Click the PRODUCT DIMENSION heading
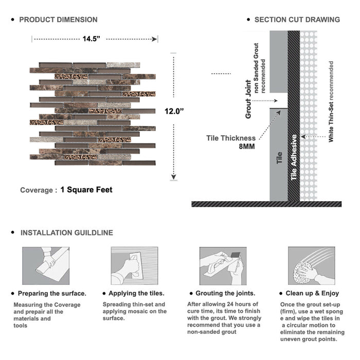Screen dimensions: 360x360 click(58, 20)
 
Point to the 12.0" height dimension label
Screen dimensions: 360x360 click(174, 111)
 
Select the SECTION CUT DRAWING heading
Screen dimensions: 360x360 click(297, 20)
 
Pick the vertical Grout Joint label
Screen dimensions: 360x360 click(248, 99)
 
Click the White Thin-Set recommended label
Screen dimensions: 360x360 click(331, 101)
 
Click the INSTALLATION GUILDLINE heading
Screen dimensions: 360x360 click(66, 232)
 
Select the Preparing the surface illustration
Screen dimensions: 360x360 click(46, 266)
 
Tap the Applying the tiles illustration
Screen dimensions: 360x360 click(134, 266)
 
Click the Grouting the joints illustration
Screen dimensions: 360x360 click(223, 266)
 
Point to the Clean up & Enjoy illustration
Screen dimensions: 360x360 click(311, 266)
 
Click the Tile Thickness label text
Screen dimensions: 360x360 click(231, 138)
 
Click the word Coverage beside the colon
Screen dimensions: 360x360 click(36, 190)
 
